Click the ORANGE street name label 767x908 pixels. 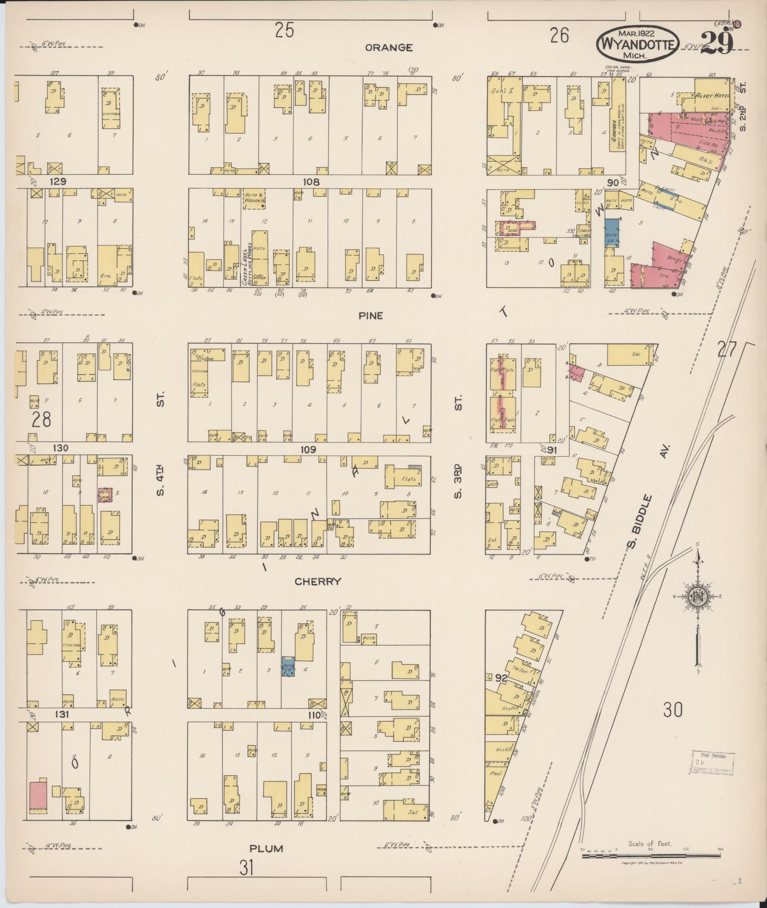(x=389, y=48)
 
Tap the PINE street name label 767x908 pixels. (x=371, y=316)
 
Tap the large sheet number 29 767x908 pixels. (x=717, y=43)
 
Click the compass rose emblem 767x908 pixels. (x=697, y=597)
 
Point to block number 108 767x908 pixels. (x=311, y=182)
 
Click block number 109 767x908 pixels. (x=309, y=450)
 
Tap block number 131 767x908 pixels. (x=62, y=714)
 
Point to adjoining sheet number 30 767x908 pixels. (x=672, y=709)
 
